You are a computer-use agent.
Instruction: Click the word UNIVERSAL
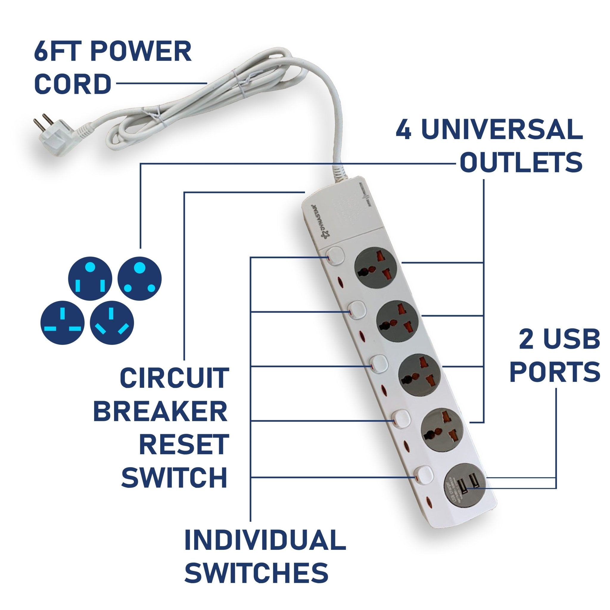(502, 130)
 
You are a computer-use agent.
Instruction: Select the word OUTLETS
(521, 162)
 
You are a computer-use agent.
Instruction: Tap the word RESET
(184, 444)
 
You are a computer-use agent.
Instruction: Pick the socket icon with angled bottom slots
(112, 322)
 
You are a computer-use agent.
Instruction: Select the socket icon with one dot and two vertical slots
(90, 278)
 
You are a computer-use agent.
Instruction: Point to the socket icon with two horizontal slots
(63, 322)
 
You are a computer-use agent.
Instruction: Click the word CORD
(73, 84)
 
